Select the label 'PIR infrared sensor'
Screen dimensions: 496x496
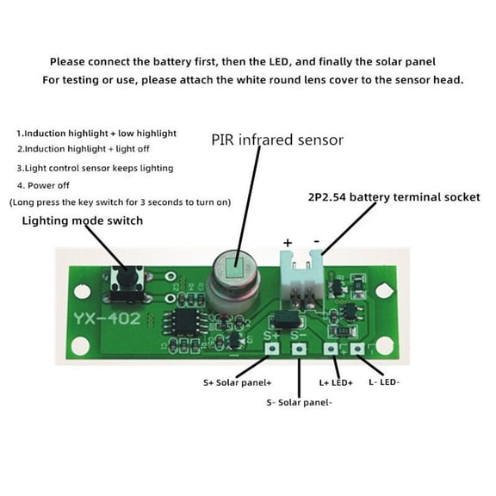pos(277,139)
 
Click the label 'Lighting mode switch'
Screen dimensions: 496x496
pos(83,220)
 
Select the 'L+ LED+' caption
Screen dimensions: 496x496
pos(337,381)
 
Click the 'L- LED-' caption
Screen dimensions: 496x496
pos(383,381)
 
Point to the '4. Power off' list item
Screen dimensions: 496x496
pos(44,185)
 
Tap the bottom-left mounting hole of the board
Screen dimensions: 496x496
pos(80,347)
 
